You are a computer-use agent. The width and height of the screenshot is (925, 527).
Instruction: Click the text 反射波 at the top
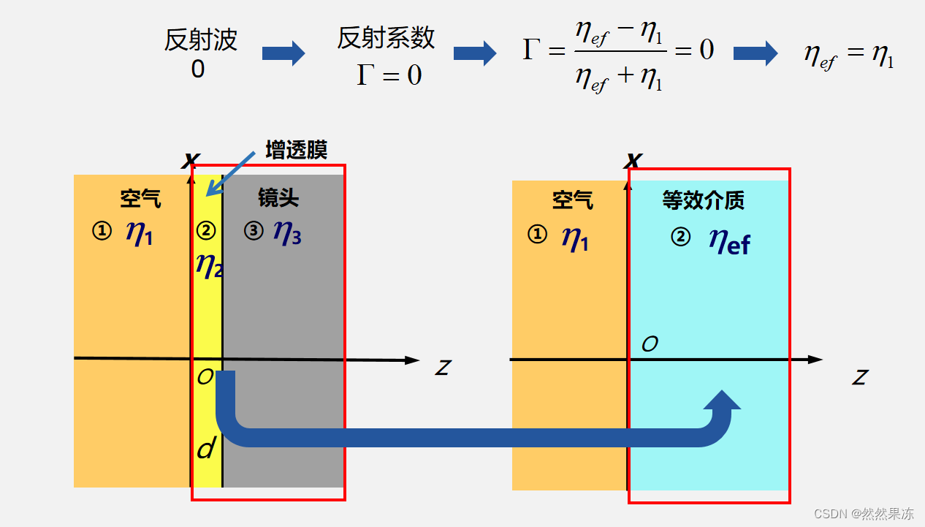[200, 40]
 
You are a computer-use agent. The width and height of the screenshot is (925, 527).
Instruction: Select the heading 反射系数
[386, 39]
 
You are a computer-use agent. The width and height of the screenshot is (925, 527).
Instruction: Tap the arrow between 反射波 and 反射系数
[283, 53]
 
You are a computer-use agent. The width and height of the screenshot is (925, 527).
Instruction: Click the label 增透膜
[296, 151]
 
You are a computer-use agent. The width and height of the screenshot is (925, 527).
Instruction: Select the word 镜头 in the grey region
[278, 198]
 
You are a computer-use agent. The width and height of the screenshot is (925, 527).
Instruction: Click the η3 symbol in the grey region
[286, 232]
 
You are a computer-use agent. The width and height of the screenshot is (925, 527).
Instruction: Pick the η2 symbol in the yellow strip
[208, 264]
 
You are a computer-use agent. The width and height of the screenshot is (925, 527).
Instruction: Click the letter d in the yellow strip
[206, 449]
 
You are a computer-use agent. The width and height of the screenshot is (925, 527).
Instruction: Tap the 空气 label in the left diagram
[140, 198]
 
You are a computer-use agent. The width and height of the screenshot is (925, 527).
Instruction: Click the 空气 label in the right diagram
[572, 200]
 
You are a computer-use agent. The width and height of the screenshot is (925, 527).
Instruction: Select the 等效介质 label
[703, 200]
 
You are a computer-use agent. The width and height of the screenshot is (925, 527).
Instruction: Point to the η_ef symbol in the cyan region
[728, 241]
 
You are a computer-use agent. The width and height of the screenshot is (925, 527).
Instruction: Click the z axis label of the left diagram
[442, 367]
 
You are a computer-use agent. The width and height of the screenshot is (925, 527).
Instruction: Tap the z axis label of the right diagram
[859, 377]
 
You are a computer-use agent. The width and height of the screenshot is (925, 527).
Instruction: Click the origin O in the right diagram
[649, 344]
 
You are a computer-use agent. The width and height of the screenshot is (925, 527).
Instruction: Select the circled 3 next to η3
[254, 231]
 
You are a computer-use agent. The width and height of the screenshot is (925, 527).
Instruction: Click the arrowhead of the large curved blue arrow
[723, 401]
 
